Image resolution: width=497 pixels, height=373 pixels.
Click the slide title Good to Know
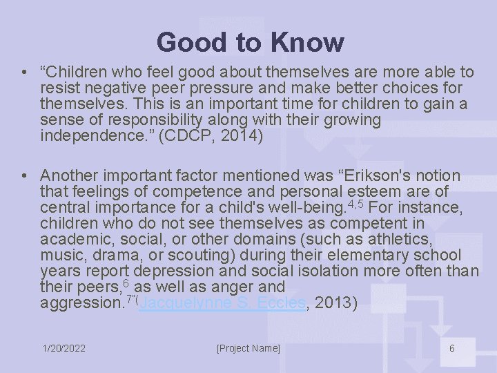[249, 42]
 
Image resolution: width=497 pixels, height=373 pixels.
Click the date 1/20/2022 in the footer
[64, 348]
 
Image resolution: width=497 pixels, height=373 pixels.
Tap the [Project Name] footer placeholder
[248, 348]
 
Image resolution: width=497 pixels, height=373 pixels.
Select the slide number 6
[452, 348]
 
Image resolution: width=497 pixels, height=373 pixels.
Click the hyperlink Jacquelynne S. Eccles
[222, 303]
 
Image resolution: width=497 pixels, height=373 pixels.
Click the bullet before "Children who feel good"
[24, 73]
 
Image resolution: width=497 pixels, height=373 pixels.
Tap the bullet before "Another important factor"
[24, 176]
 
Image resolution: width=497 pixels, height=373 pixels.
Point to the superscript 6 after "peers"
[126, 283]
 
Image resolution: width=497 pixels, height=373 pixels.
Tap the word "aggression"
[81, 303]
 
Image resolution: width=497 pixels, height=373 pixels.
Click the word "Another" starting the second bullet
[67, 175]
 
